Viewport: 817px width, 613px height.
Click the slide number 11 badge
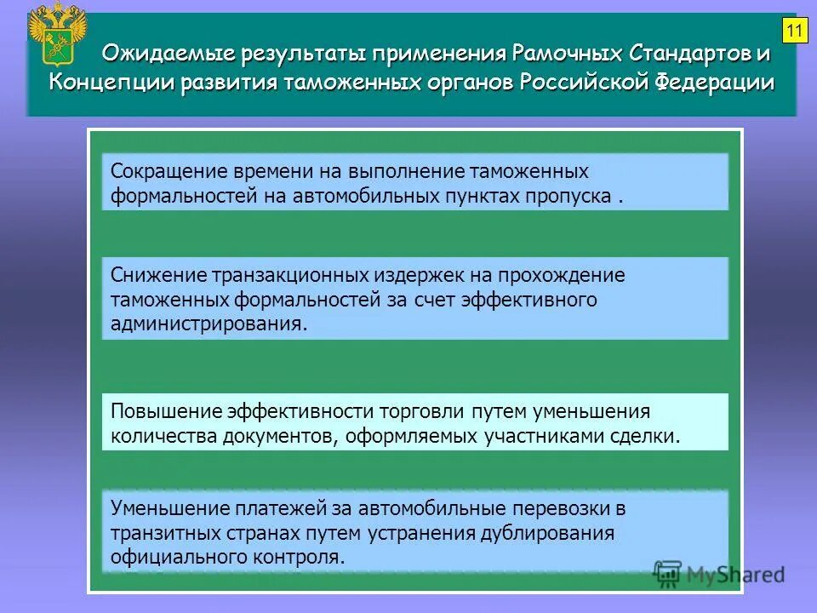794,32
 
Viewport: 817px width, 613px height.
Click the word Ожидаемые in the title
156,54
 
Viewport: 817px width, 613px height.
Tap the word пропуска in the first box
574,196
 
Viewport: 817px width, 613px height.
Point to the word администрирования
208,324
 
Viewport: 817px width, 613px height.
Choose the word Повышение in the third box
165,412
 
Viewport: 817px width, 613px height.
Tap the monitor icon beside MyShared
669,574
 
